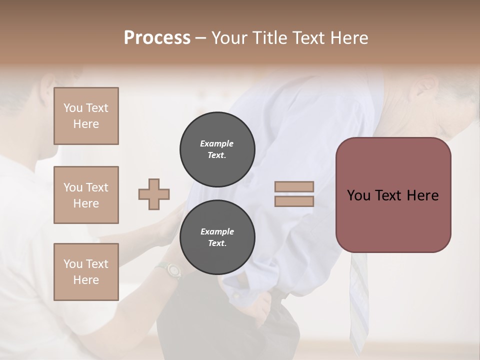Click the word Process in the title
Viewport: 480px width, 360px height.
click(157, 38)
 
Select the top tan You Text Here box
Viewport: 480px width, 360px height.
click(86, 116)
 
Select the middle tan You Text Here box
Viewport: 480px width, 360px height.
click(86, 195)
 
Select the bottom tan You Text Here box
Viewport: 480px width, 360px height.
click(86, 272)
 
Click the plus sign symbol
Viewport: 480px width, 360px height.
click(154, 194)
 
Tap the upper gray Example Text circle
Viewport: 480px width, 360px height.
click(217, 149)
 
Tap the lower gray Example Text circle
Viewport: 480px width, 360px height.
click(217, 237)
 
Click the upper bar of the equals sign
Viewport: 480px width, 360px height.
click(294, 186)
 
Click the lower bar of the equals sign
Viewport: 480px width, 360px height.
click(294, 201)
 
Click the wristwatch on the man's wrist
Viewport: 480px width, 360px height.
click(172, 270)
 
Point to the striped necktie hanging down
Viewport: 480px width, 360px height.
click(359, 300)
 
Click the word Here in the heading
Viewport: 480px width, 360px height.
click(349, 38)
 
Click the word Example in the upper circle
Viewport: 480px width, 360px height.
click(216, 143)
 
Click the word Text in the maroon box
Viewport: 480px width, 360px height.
click(392, 195)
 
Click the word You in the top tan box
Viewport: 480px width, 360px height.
click(72, 108)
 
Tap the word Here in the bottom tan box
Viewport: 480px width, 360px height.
click(86, 280)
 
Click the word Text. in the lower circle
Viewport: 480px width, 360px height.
click(216, 243)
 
